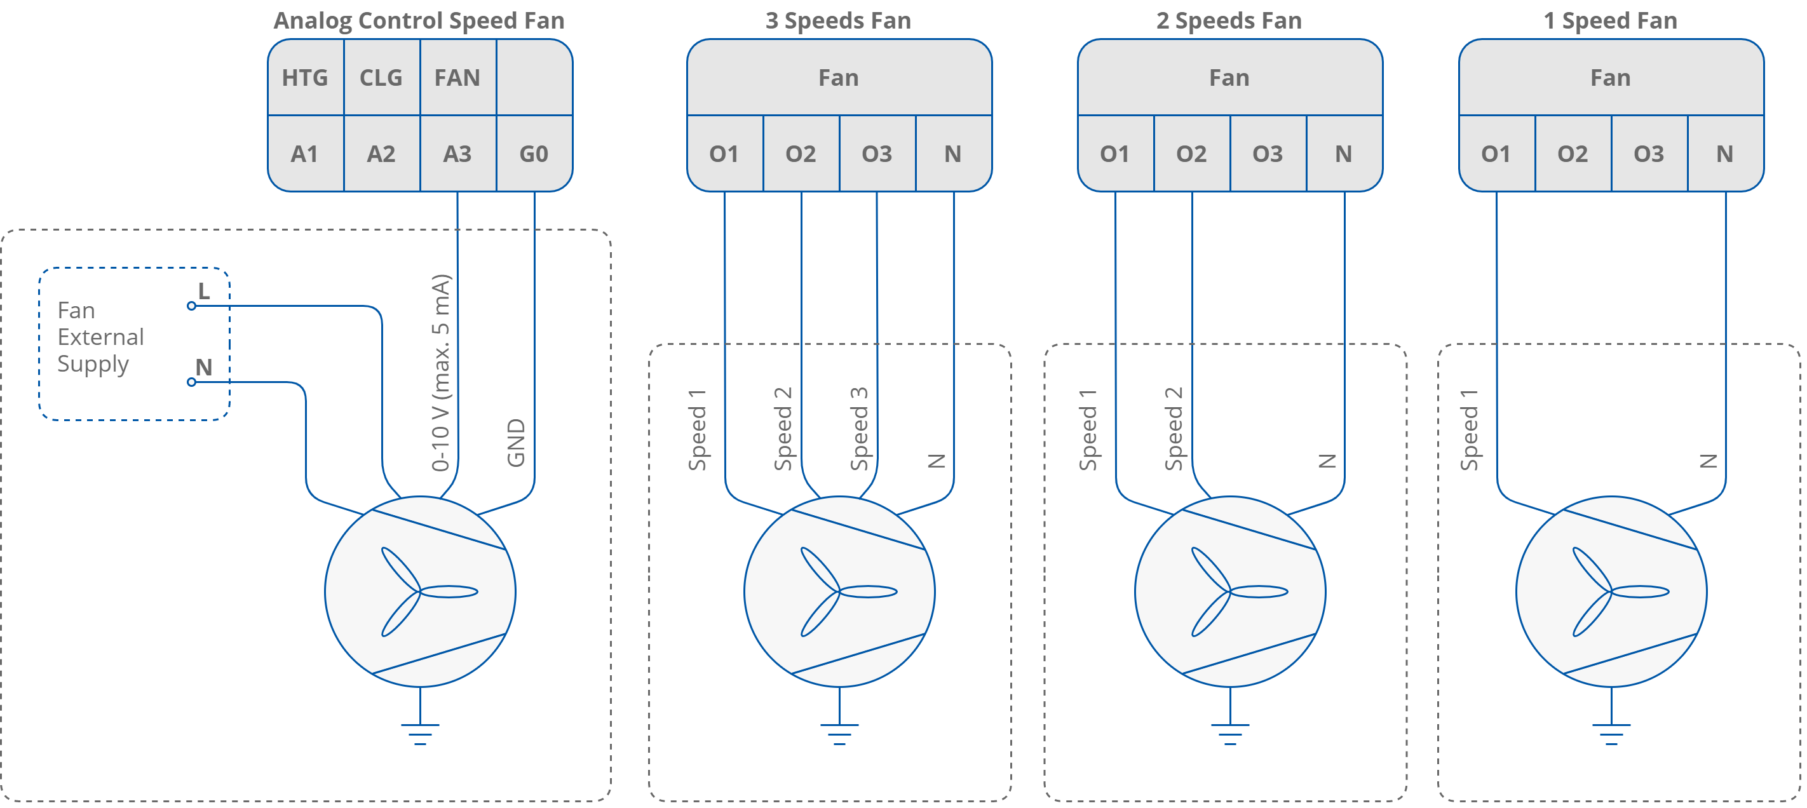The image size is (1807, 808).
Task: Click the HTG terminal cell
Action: pos(305,77)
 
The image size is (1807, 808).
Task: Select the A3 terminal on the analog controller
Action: pos(457,154)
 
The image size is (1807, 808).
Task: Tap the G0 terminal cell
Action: pos(534,154)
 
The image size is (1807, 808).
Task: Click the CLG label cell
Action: pos(381,77)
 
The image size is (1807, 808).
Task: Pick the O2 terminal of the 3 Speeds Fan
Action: pos(801,154)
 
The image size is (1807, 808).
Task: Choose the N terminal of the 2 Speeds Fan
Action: pos(1343,154)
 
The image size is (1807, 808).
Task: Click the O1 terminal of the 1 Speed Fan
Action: pos(1496,154)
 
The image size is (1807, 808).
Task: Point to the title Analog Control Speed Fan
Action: pos(419,20)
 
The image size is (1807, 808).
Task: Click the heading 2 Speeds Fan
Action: pos(1229,20)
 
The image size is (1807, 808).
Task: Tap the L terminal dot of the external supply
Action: pos(191,306)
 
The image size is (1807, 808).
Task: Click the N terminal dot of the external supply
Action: pos(191,382)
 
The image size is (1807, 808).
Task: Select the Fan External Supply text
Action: pos(100,337)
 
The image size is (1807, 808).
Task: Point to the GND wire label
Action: pos(517,443)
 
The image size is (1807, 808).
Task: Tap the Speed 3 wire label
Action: pos(859,428)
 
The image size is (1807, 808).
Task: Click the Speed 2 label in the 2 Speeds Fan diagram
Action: pos(1174,428)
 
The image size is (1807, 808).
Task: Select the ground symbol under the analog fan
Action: pos(420,733)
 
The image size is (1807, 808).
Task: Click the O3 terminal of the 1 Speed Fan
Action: pos(1648,154)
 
